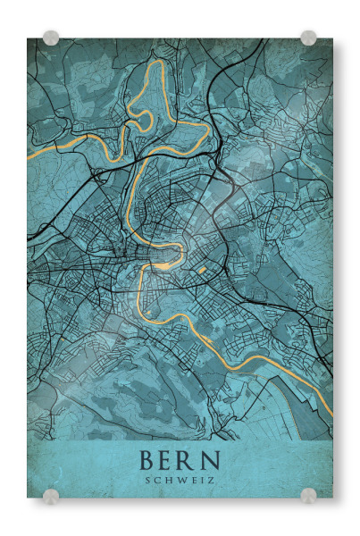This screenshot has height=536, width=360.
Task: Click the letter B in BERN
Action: (x=147, y=462)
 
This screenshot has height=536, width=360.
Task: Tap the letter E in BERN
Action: (x=170, y=462)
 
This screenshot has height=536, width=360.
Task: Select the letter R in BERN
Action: (x=191, y=462)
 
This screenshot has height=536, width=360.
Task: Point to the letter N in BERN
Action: (x=213, y=462)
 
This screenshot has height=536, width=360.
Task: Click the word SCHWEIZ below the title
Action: (x=180, y=481)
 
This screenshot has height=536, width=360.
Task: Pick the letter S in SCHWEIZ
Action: (x=148, y=481)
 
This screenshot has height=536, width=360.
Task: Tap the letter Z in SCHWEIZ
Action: (x=213, y=481)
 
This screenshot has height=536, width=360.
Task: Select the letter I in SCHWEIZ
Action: (x=204, y=481)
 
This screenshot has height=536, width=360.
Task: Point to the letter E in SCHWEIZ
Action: (x=194, y=481)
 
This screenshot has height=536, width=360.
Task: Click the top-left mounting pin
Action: (x=51, y=38)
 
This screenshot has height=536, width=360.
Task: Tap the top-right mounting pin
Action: (x=308, y=38)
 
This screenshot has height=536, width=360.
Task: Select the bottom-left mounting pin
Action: (x=51, y=496)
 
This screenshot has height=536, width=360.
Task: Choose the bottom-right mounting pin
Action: (x=308, y=496)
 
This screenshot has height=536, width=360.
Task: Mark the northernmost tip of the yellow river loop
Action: (x=159, y=61)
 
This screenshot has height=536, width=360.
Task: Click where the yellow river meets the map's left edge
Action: (x=29, y=157)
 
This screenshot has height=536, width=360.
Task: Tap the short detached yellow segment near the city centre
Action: (x=203, y=270)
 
